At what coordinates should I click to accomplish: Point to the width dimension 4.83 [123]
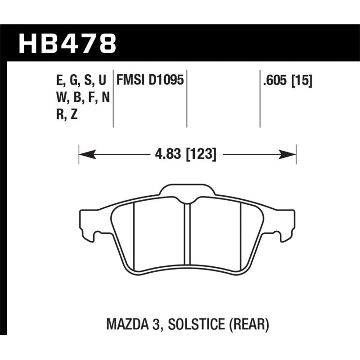[x=185, y=155]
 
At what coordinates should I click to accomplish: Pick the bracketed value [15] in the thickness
[x=301, y=81]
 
